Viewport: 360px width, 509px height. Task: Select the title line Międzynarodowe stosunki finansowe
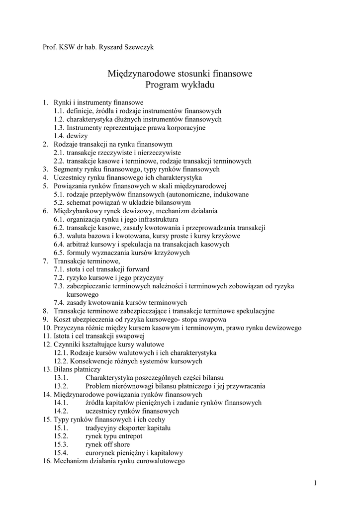(180, 74)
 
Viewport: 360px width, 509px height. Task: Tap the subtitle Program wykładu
(180, 85)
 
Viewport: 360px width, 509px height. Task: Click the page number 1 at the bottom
(315, 483)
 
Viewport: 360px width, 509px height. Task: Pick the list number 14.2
(61, 411)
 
